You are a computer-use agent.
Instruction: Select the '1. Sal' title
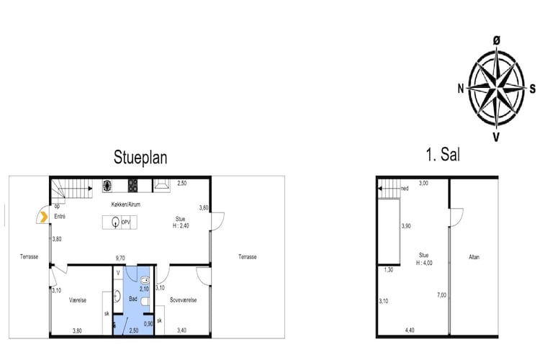tap(444, 155)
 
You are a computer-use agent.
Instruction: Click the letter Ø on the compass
tap(496, 42)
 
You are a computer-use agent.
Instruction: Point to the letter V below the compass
tap(495, 136)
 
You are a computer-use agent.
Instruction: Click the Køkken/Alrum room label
tap(126, 204)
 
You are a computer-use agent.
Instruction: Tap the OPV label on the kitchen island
tap(125, 222)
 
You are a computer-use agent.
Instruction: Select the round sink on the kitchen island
tap(114, 223)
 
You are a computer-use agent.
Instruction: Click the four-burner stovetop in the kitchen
tap(133, 185)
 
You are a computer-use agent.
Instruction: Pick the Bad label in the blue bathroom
tap(132, 298)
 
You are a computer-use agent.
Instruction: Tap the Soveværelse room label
tap(183, 300)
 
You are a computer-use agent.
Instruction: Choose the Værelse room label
tap(78, 300)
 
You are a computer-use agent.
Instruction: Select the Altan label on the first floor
tap(474, 257)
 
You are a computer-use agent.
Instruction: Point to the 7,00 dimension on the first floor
tap(441, 295)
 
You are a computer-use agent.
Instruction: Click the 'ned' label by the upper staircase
tap(405, 189)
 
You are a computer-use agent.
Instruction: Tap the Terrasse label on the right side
tap(247, 256)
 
